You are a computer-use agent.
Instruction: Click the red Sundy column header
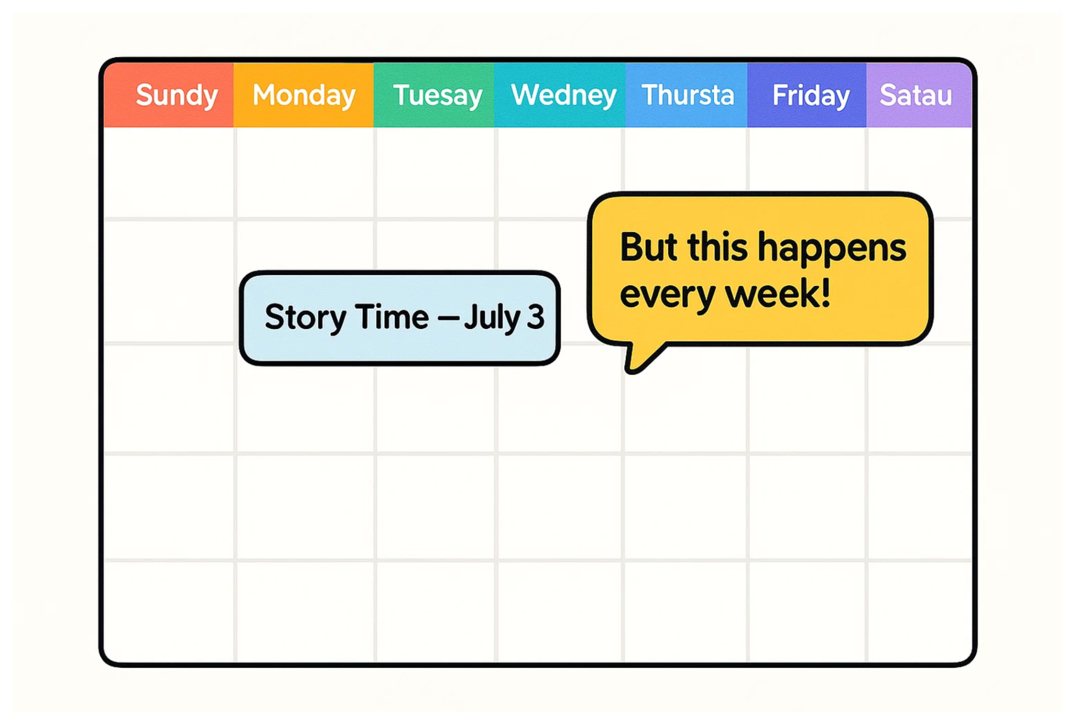[x=169, y=95]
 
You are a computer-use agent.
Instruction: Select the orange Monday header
[x=303, y=95]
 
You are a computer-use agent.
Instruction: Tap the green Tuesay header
[x=434, y=95]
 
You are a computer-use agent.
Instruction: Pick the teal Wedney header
[x=560, y=95]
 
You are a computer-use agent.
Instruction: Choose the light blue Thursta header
[x=687, y=95]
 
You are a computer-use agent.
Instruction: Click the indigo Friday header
[x=807, y=95]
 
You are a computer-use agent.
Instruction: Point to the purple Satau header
[x=919, y=95]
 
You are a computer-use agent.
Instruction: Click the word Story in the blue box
[x=306, y=318]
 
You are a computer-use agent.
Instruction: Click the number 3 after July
[x=536, y=317]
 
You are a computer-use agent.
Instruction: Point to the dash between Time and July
[x=448, y=318]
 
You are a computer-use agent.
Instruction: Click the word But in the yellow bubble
[x=649, y=247]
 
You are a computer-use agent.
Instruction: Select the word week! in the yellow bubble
[x=778, y=293]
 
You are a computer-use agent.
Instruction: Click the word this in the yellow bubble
[x=717, y=247]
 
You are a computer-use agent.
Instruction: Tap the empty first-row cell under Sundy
[x=169, y=172]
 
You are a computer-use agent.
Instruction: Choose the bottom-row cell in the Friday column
[x=807, y=611]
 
